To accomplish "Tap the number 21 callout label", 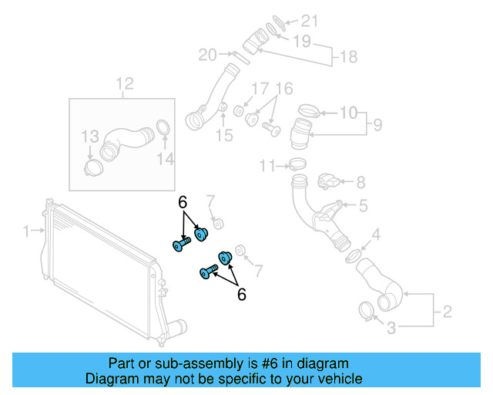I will tap(308, 20).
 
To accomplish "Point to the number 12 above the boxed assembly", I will tap(124, 83).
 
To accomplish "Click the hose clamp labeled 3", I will tap(367, 312).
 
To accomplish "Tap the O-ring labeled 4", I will tap(353, 255).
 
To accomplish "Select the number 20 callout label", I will tap(207, 54).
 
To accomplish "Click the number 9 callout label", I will tap(378, 123).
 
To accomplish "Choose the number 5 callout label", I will tap(363, 205).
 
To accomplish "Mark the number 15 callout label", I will tap(223, 136).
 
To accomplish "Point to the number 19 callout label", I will tap(302, 39).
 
